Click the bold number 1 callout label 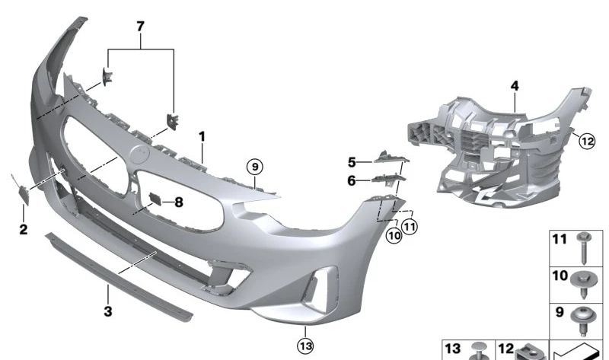202,137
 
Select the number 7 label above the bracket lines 139,27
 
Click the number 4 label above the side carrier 352,162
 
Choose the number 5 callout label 352,181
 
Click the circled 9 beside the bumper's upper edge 254,166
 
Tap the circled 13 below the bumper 304,346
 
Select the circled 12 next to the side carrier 585,140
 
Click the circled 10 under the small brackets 394,237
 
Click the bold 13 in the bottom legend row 453,349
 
